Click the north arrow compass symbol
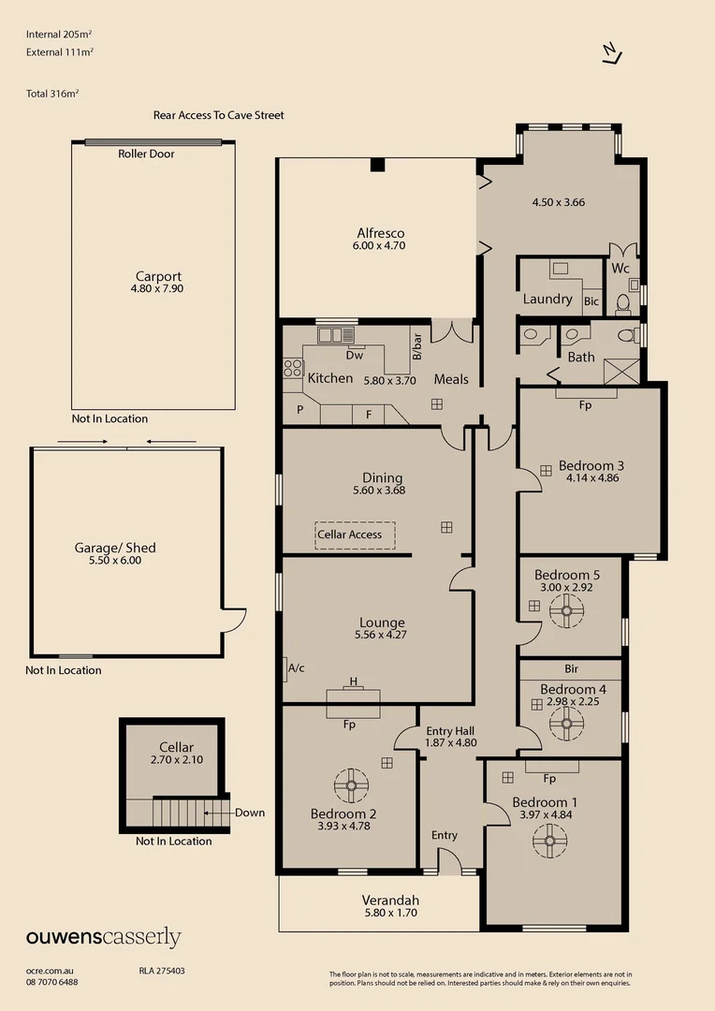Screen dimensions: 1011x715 (x=611, y=54)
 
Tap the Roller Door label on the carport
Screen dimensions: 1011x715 (x=146, y=154)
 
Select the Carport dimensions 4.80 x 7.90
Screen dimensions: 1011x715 (x=158, y=289)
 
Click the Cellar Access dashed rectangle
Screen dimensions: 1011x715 (x=355, y=535)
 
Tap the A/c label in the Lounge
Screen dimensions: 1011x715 (x=297, y=668)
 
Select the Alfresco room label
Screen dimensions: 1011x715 (x=380, y=233)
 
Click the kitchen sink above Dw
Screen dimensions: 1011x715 (x=334, y=333)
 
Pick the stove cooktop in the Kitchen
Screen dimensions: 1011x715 (x=293, y=369)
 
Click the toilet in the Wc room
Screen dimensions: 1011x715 (x=623, y=303)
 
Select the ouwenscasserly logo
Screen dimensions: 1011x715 (x=103, y=938)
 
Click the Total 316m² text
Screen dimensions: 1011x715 (x=52, y=94)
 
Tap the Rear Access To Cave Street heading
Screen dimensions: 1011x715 (x=218, y=115)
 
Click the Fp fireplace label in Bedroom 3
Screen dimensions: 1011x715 (x=585, y=406)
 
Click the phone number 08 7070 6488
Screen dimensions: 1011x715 (x=52, y=982)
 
